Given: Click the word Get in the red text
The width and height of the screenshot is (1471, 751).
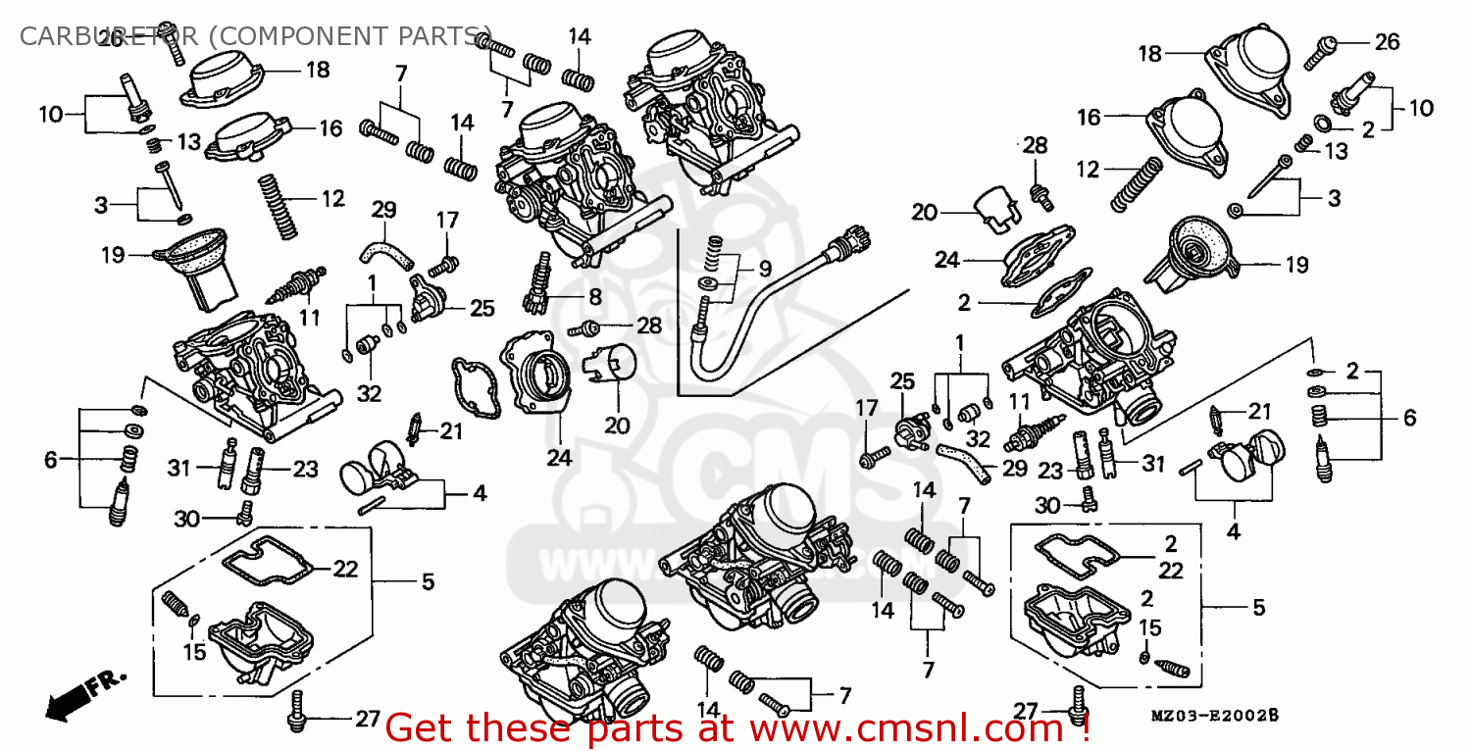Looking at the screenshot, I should [x=421, y=728].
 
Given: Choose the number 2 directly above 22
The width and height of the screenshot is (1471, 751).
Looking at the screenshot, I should [x=1170, y=543].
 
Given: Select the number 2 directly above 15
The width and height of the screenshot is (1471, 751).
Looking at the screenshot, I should [x=1146, y=598].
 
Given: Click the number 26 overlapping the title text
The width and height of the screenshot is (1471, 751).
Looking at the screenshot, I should [x=110, y=39].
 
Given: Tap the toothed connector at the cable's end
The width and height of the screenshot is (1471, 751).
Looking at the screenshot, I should [x=843, y=237].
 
